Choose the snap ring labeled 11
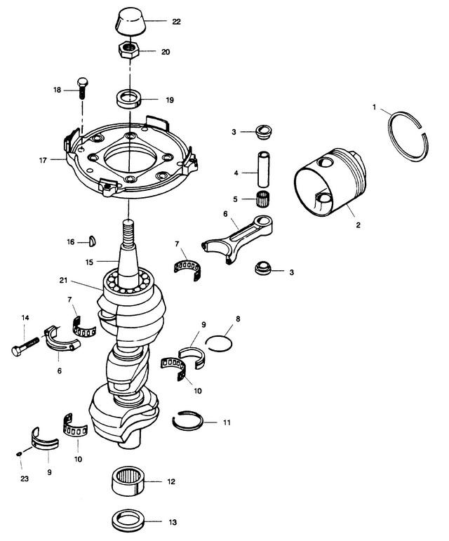click(188, 420)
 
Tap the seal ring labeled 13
click(130, 522)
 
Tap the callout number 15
click(89, 262)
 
